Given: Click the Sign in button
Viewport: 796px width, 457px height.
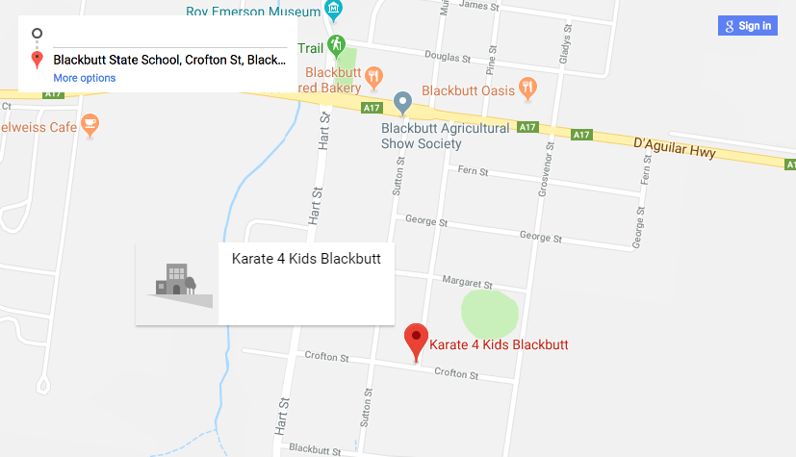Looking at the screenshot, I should click(x=746, y=26).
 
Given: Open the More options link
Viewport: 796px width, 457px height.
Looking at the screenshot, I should click(x=85, y=78).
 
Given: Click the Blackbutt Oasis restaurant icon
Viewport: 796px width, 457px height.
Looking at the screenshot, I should click(x=526, y=89).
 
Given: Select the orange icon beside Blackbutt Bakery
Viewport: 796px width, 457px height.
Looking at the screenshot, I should click(x=376, y=74).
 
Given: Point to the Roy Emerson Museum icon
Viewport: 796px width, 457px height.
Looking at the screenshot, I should click(x=334, y=11).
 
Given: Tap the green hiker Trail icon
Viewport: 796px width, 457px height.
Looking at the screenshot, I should click(x=336, y=44).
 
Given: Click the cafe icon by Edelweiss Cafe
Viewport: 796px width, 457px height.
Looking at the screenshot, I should click(x=90, y=123).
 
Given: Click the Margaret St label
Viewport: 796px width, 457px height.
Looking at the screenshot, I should click(x=467, y=284).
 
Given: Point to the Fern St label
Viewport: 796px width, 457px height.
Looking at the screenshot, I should click(x=475, y=171).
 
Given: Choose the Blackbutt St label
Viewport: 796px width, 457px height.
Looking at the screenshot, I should click(x=310, y=448).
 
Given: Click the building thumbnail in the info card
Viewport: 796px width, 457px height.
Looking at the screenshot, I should click(x=177, y=284).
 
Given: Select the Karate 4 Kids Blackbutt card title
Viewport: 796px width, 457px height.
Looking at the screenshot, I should click(x=306, y=258).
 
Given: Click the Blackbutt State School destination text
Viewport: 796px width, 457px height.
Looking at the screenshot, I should click(x=169, y=60).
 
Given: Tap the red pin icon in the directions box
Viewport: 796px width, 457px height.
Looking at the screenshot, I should click(x=37, y=60).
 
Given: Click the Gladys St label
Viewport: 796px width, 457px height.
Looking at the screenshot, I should click(x=565, y=39).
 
